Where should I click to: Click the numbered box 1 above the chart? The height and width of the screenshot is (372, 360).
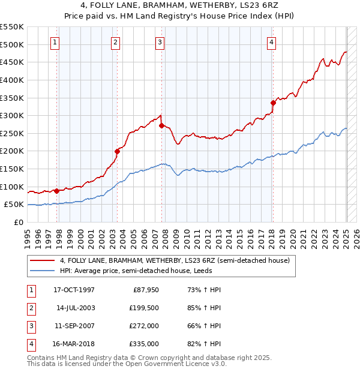(55, 42)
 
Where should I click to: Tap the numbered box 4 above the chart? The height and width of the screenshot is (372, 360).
(272, 42)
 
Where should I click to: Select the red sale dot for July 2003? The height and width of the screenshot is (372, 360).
(117, 151)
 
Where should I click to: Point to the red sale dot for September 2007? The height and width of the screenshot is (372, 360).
(161, 125)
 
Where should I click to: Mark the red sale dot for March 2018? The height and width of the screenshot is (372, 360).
(273, 103)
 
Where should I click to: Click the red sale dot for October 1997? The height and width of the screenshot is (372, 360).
(56, 191)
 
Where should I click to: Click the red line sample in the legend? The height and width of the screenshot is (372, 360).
(42, 260)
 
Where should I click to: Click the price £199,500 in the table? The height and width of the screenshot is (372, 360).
(145, 307)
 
